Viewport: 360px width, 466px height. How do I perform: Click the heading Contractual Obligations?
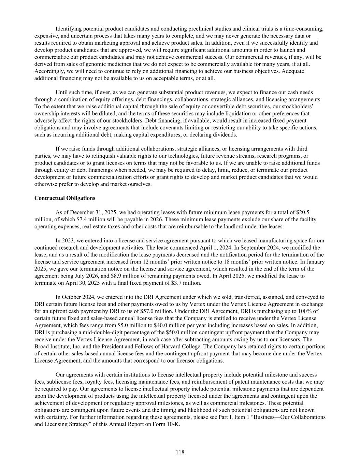(65, 198)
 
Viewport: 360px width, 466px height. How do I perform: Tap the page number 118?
(180, 452)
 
